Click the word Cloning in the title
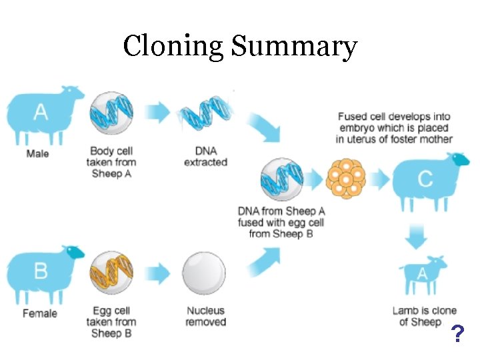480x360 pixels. pyautogui.click(x=173, y=47)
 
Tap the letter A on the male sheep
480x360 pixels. pyautogui.click(x=41, y=111)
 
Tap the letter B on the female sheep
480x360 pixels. pyautogui.click(x=41, y=271)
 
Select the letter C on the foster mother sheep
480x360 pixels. pyautogui.click(x=425, y=179)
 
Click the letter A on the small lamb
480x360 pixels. pyautogui.click(x=422, y=273)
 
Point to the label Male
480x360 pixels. pyautogui.click(x=37, y=154)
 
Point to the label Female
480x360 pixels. pyautogui.click(x=40, y=313)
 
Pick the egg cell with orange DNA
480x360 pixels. pyautogui.click(x=111, y=273)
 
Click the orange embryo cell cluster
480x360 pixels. pyautogui.click(x=347, y=179)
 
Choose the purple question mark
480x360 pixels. pyautogui.click(x=457, y=334)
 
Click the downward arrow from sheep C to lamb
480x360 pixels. pyautogui.click(x=417, y=235)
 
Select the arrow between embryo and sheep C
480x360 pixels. pyautogui.click(x=381, y=179)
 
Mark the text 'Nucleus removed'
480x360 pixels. pyautogui.click(x=206, y=316)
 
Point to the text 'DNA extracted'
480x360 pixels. pyautogui.click(x=205, y=157)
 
